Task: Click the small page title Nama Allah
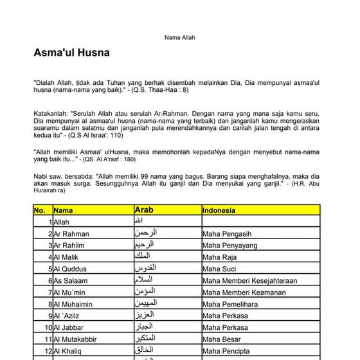pos(180,37)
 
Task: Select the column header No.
pos(39,210)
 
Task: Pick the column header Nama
pos(64,210)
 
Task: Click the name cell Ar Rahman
pos(71,233)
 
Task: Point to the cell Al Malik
pos(67,256)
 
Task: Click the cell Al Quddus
pos(70,268)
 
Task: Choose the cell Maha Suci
pos(221,268)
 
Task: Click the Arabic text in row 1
pos(141,222)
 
